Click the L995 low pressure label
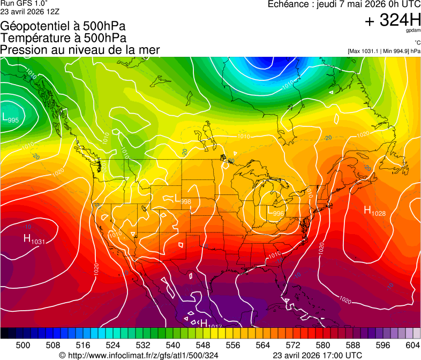tap(11, 118)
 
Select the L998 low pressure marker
tap(183, 199)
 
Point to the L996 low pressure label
tap(276, 211)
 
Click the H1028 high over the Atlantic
tap(374, 211)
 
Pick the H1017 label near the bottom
tap(210, 324)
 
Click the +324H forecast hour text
tap(393, 21)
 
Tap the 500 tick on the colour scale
tap(23, 345)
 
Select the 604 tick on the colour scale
tap(412, 345)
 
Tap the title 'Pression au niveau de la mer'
tap(80, 50)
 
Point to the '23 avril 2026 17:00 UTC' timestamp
tap(317, 355)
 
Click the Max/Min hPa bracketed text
tap(384, 51)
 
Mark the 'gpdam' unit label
tap(414, 31)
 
